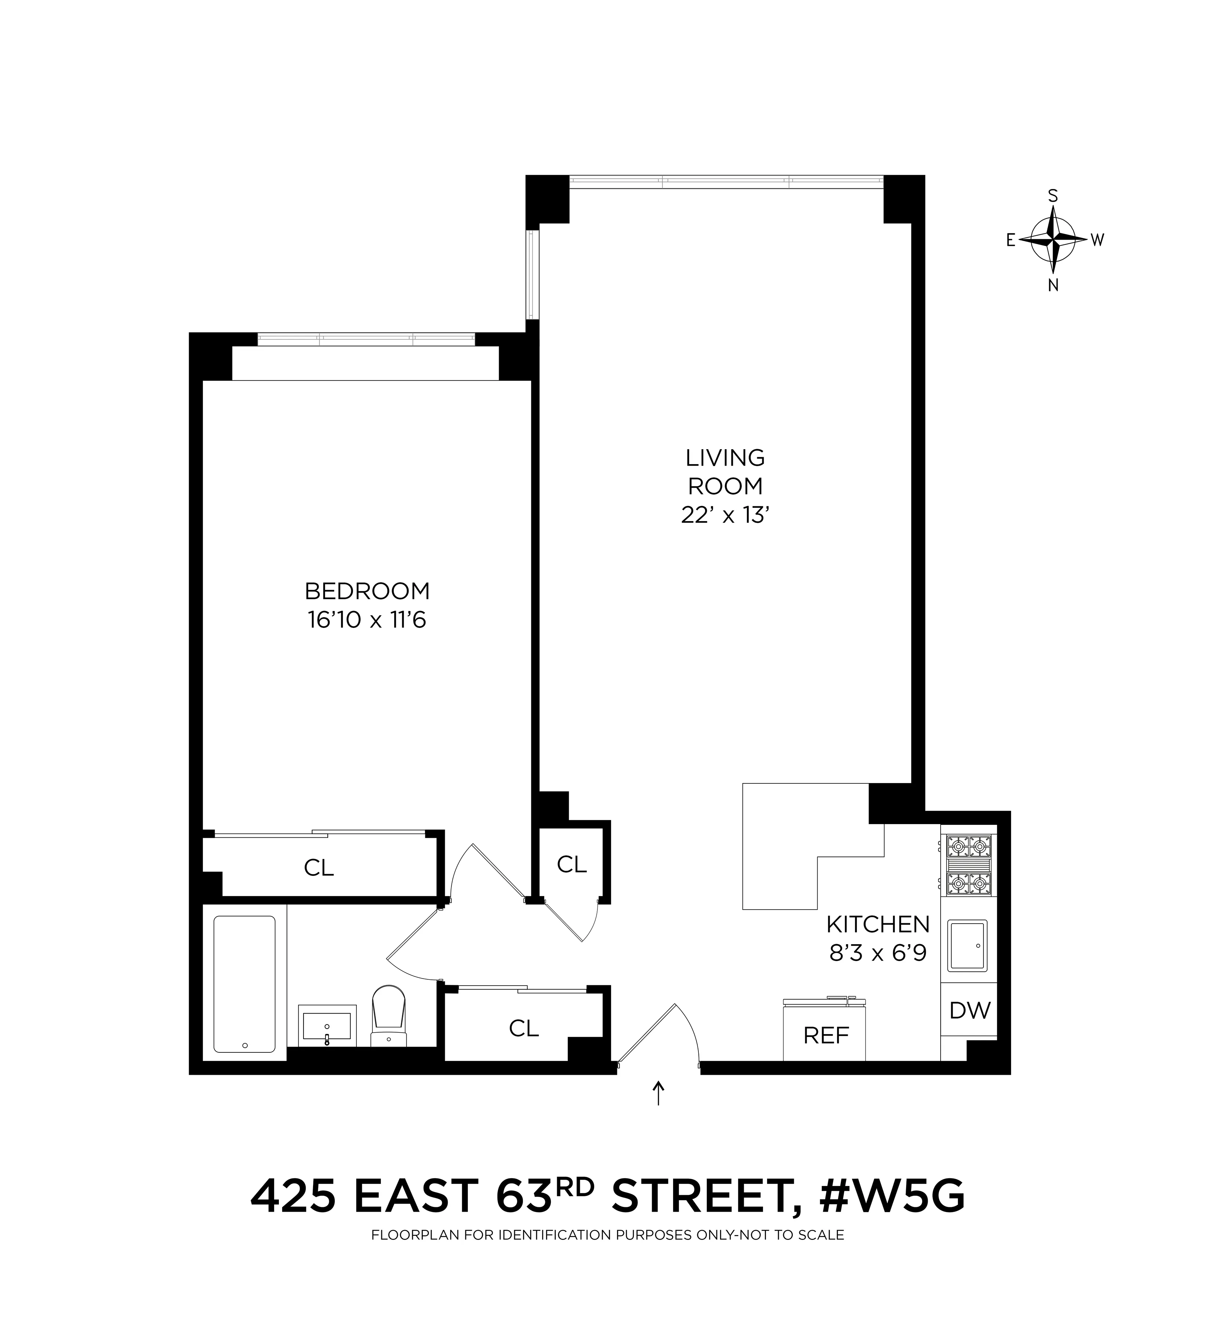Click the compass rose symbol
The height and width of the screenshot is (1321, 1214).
[1053, 240]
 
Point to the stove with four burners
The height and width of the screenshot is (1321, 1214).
[968, 866]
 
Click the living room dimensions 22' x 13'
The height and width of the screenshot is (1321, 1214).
[724, 516]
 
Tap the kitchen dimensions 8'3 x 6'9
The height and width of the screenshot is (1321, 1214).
[877, 953]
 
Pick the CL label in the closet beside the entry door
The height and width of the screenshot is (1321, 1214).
[524, 1028]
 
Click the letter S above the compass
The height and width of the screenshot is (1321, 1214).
[1053, 196]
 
